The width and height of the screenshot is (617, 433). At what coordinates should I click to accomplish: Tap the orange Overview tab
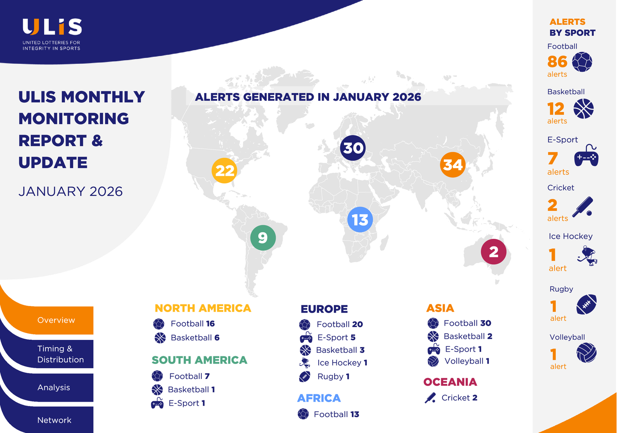pos(56,320)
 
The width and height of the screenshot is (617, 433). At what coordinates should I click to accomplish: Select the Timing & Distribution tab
pos(60,354)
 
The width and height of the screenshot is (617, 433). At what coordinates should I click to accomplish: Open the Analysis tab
pos(54,387)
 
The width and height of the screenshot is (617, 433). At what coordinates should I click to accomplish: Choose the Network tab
pos(54,420)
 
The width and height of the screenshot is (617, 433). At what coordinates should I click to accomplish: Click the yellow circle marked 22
pos(225,171)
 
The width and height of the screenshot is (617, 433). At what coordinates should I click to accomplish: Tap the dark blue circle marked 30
pos(353,148)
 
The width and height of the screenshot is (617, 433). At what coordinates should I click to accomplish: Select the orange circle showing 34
pos(452,165)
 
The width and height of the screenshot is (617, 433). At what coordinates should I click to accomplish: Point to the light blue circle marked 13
pos(360,220)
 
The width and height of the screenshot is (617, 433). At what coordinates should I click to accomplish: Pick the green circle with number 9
pos(263,238)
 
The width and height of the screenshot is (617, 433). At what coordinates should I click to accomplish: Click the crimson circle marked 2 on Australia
pos(494,252)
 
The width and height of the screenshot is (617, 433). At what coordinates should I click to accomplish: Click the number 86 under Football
pos(557,61)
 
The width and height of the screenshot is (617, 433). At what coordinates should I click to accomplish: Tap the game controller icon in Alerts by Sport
pos(586,156)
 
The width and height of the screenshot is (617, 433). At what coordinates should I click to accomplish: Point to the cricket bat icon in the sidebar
pos(583,207)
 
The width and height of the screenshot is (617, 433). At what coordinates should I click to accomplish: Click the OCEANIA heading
pos(450,382)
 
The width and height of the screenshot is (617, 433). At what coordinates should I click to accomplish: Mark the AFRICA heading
pos(319,398)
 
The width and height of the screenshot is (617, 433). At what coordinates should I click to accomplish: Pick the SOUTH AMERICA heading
pos(199,360)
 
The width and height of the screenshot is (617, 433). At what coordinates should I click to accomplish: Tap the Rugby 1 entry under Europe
pos(324,376)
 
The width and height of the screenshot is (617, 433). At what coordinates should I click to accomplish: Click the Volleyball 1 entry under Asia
pos(458,361)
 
